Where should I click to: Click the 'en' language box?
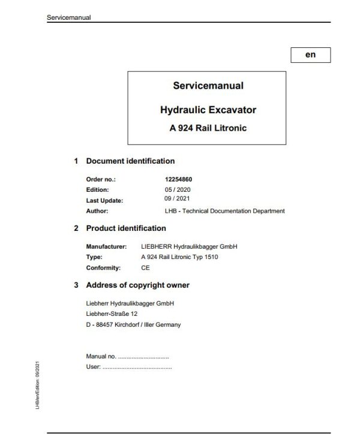[x=310, y=55]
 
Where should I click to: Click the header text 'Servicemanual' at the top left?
[x=68, y=17]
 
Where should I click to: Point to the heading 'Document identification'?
[x=130, y=161]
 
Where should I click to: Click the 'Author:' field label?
[x=97, y=210]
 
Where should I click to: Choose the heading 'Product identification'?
[x=126, y=228]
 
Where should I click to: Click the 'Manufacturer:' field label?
[x=106, y=246]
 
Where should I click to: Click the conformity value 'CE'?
[x=145, y=267]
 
